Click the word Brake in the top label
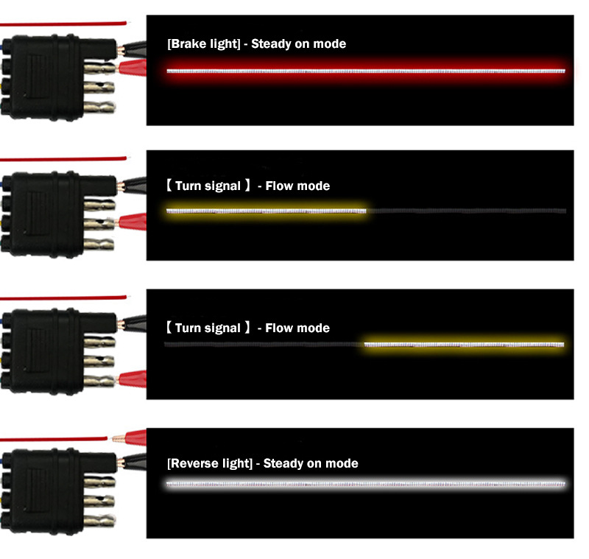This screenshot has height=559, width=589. click(x=188, y=44)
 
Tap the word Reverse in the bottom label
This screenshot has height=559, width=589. click(x=193, y=463)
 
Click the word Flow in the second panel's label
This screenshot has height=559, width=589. click(x=280, y=186)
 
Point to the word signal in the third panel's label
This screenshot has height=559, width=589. click(x=222, y=328)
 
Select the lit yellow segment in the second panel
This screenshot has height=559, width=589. click(x=266, y=211)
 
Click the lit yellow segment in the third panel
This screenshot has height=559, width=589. click(x=465, y=345)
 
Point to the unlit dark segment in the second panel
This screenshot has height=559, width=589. click(x=467, y=211)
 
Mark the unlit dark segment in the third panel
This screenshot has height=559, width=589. click(x=265, y=345)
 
